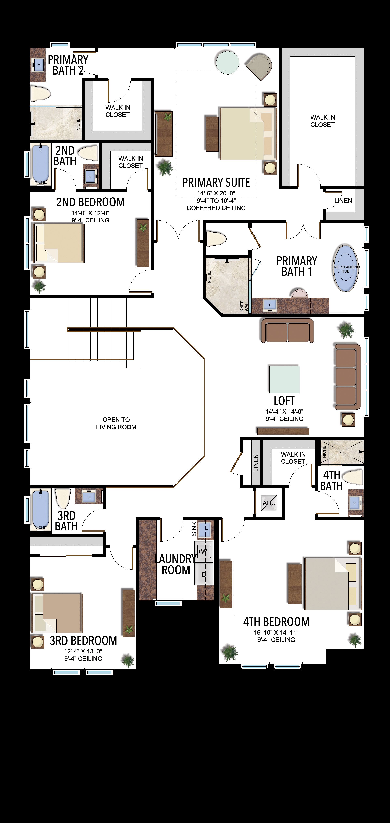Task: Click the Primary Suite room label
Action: pos(216,183)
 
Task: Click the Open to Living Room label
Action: pos(116,423)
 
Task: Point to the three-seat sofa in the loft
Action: pos(347,376)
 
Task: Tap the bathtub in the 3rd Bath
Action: pos(41,508)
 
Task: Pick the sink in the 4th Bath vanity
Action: pos(355,503)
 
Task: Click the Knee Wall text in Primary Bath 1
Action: pos(244,306)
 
